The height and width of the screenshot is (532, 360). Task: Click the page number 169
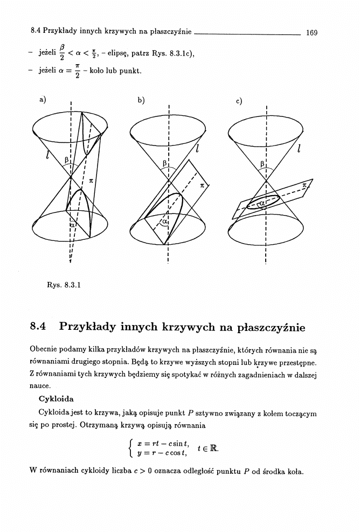pos(311,33)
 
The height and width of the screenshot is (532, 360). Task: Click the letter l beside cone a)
pos(48,157)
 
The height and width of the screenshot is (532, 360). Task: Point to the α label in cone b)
pos(165,222)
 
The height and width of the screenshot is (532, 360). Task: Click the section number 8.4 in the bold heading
pos(40,327)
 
